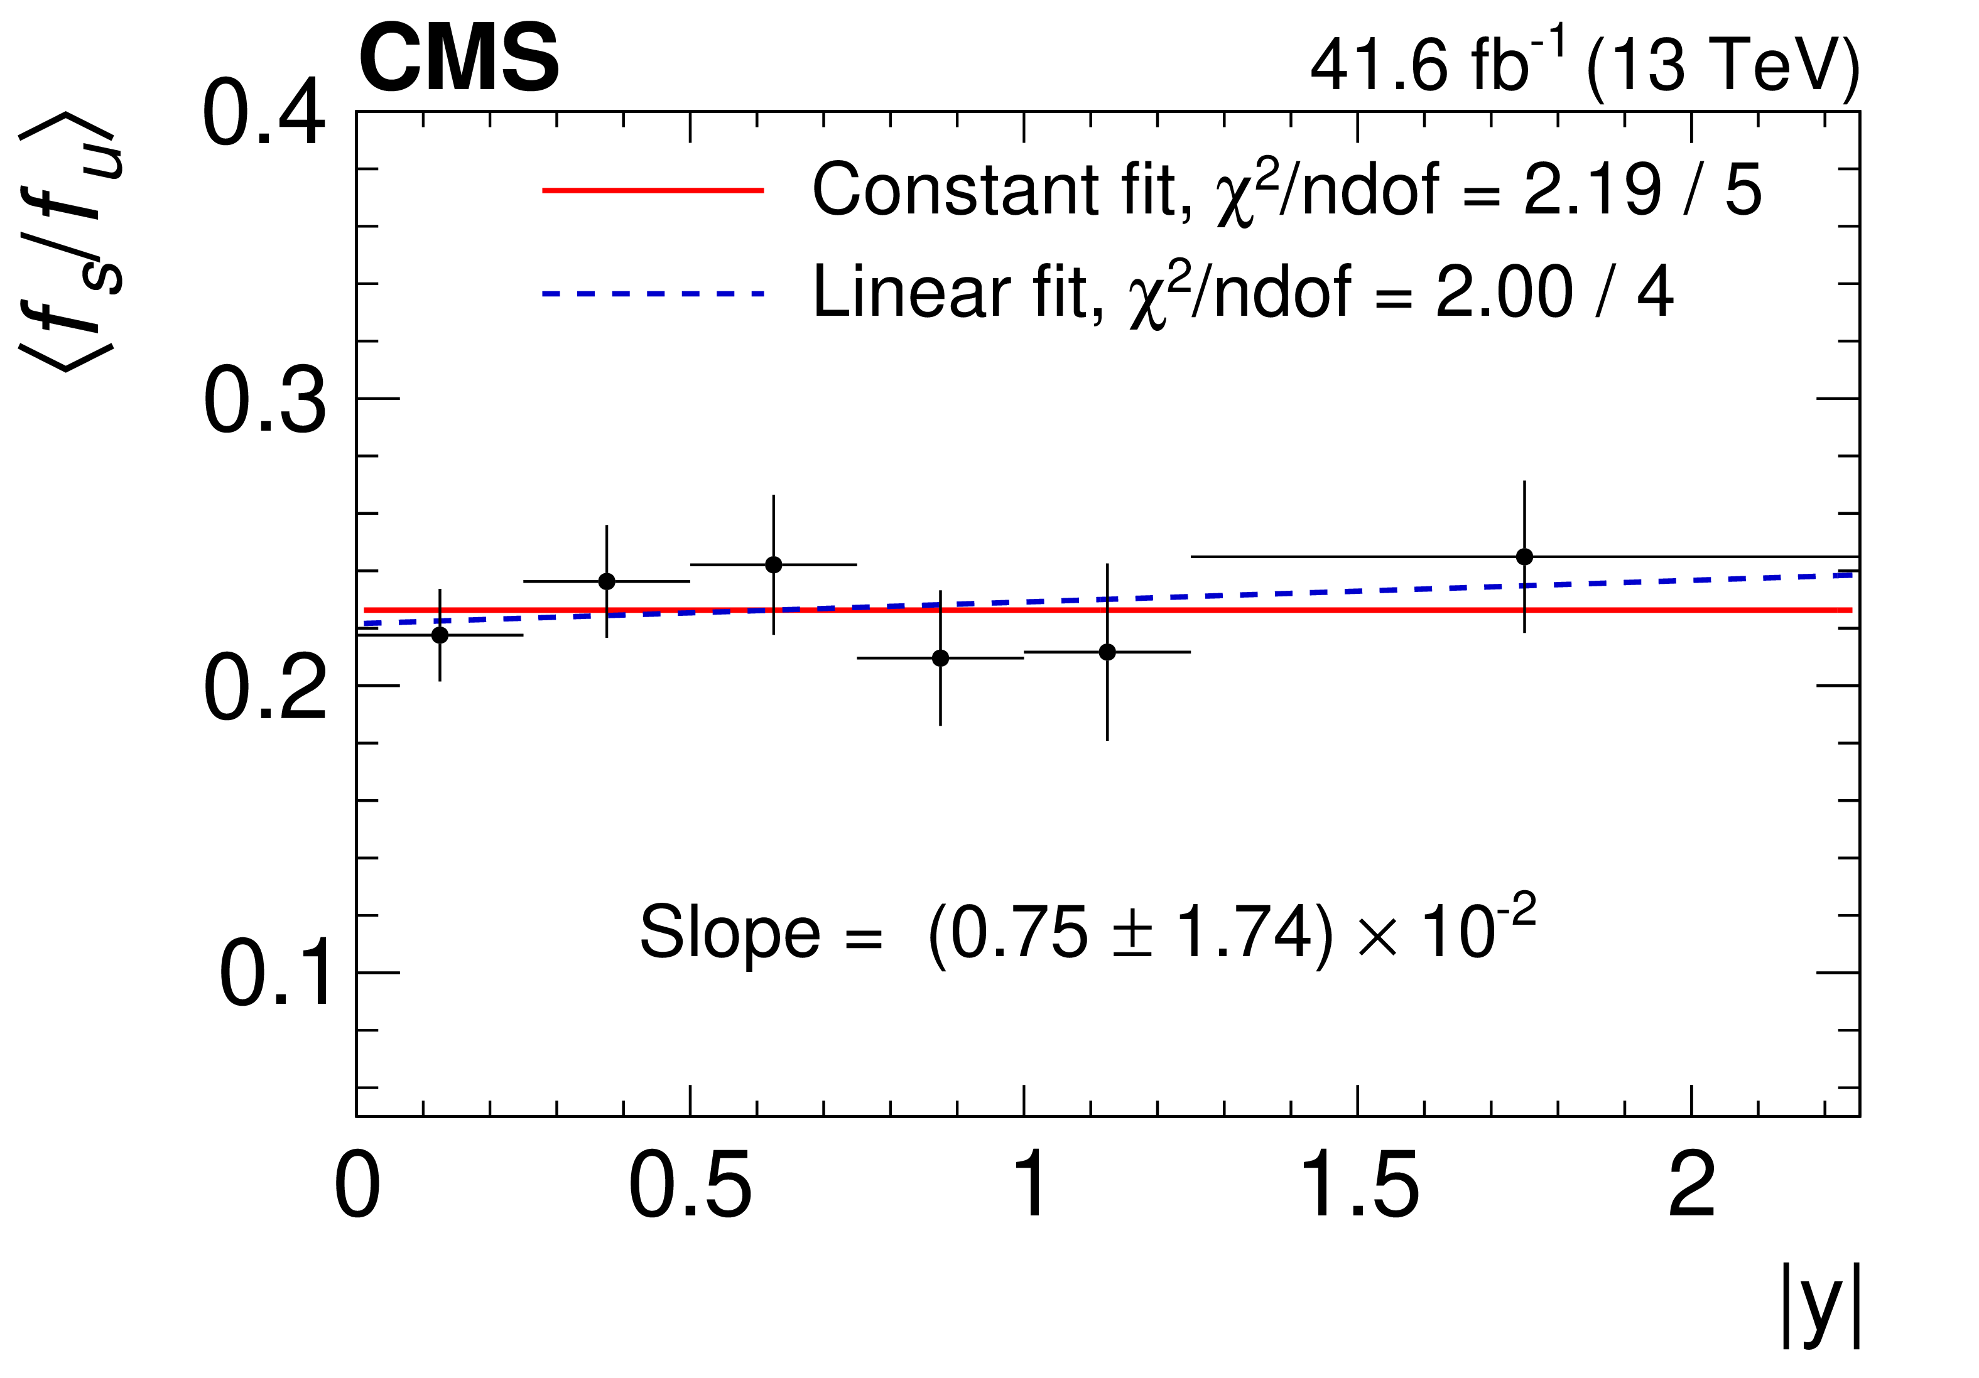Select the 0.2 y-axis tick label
[x=264, y=689]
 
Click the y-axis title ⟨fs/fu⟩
[x=73, y=241]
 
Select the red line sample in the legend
[x=653, y=190]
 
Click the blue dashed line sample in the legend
[x=653, y=294]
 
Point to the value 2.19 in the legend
[x=1591, y=190]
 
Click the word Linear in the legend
[x=912, y=293]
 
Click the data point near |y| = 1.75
[x=1524, y=557]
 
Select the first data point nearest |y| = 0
[x=440, y=635]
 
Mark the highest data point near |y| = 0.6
[x=773, y=564]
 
